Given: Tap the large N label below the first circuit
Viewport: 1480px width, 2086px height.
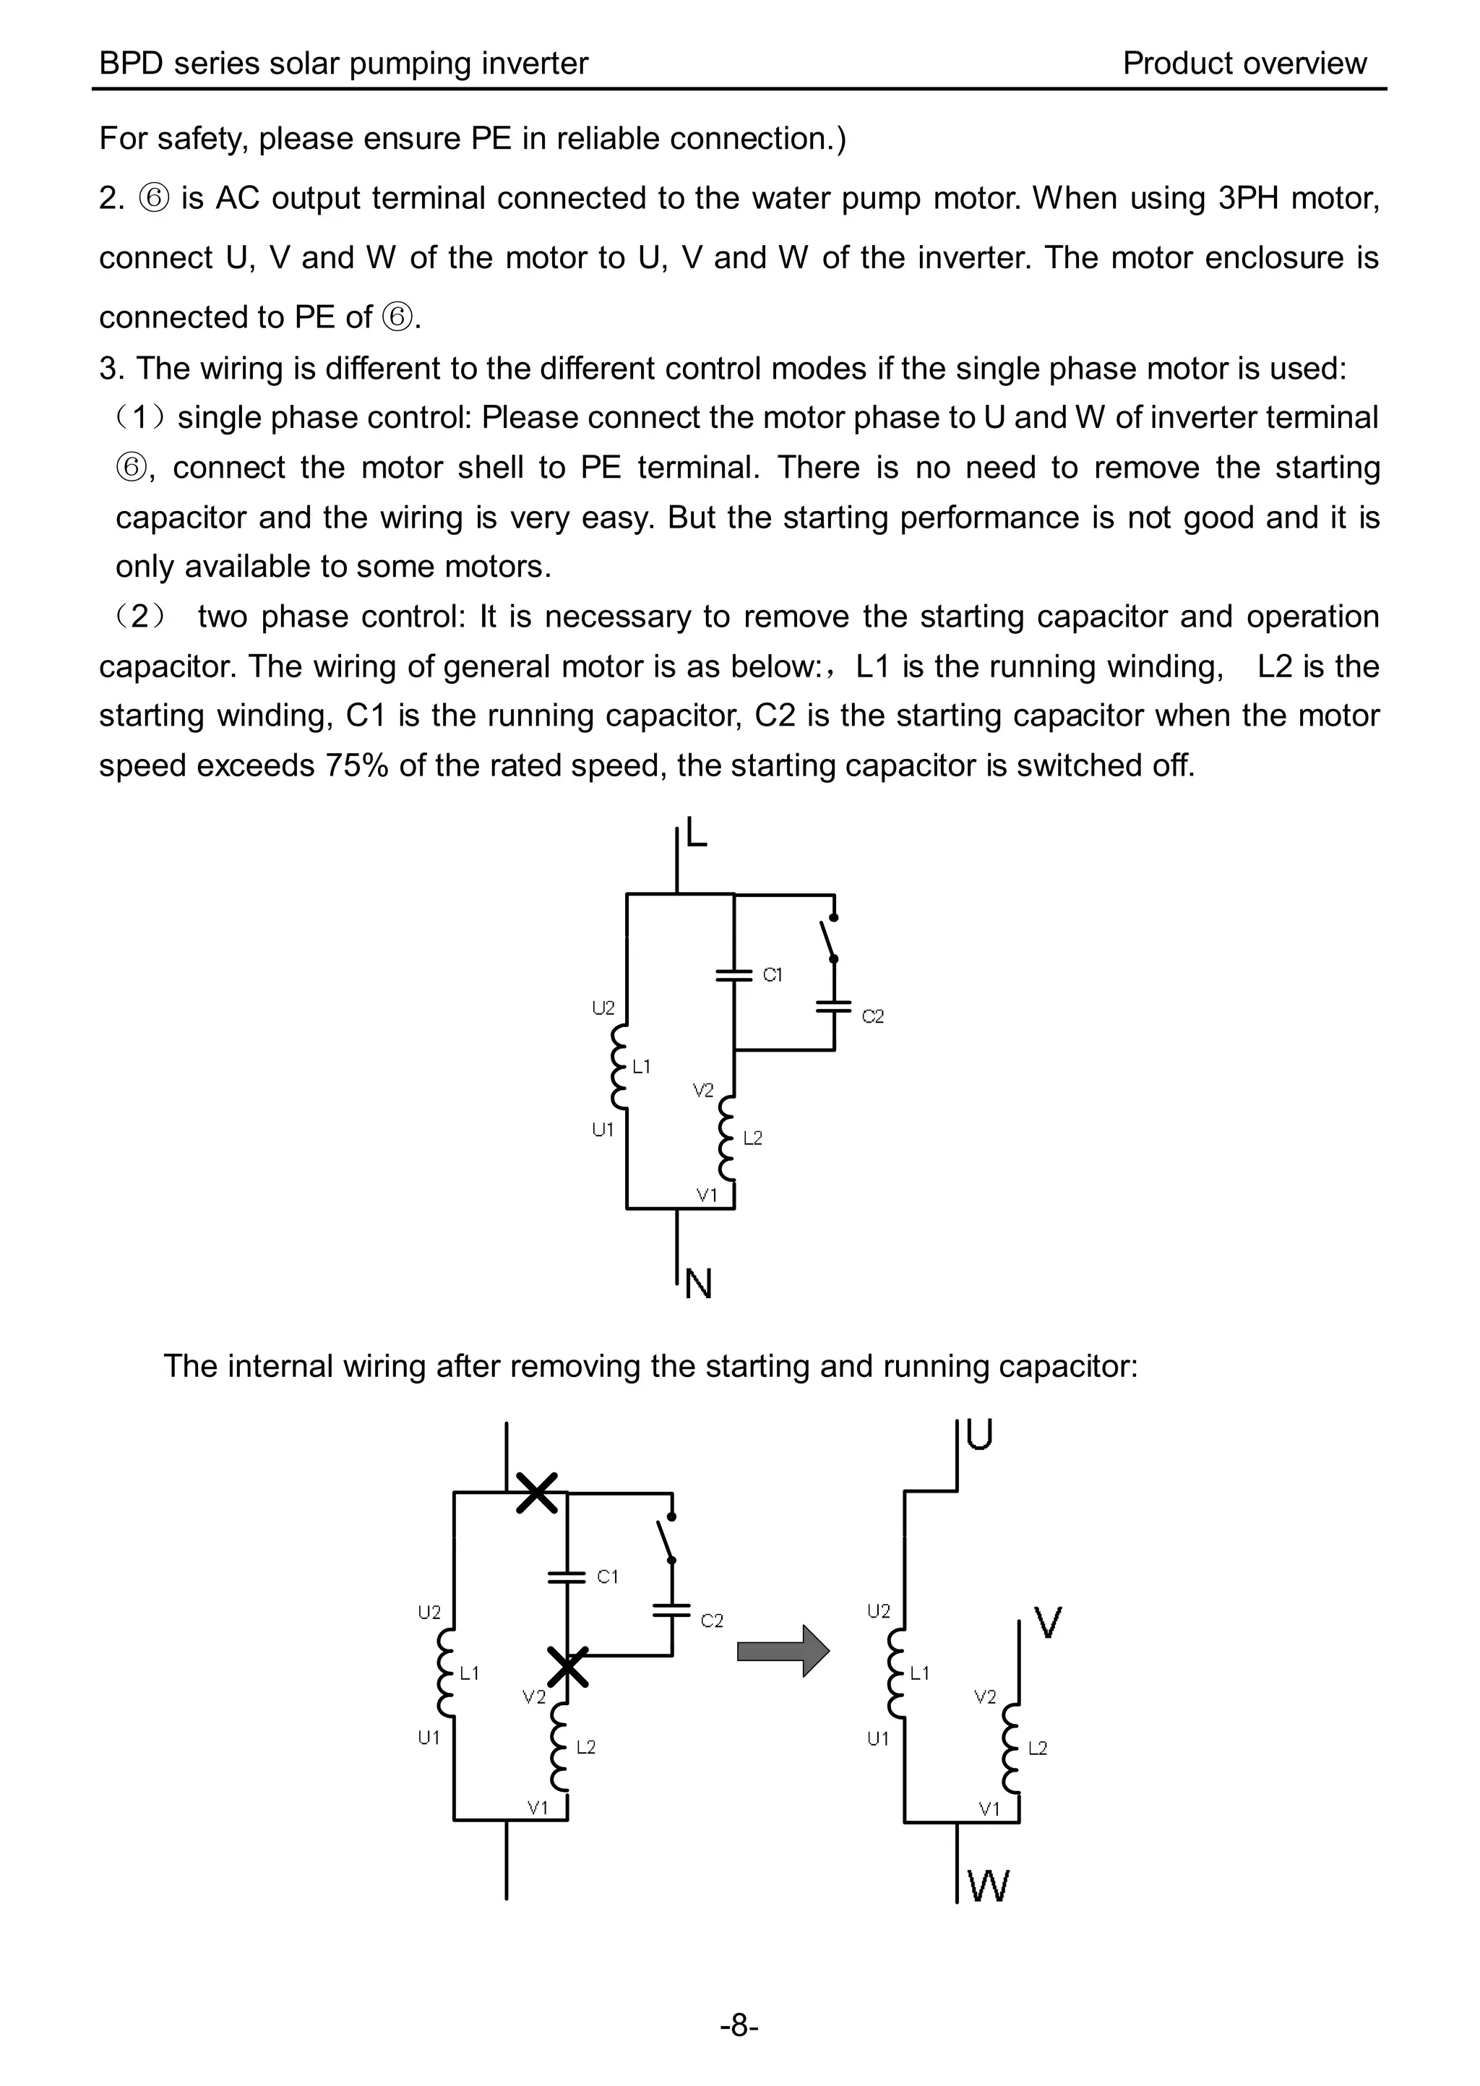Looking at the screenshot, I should click(x=698, y=1284).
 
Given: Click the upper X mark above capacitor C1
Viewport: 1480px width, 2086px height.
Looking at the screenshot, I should click(x=537, y=1493).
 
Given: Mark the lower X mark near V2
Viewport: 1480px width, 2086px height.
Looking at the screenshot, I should click(x=568, y=1667).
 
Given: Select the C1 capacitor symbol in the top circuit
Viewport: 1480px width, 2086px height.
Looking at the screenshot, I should click(x=733, y=975).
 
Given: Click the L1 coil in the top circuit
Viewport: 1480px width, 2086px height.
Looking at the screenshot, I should click(x=621, y=1066).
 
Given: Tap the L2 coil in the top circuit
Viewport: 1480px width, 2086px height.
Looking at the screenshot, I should click(x=727, y=1137).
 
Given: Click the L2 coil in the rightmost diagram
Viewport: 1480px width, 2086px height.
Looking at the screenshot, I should click(x=1011, y=1748).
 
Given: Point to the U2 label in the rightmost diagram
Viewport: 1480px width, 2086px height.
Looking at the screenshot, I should click(x=879, y=1611).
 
